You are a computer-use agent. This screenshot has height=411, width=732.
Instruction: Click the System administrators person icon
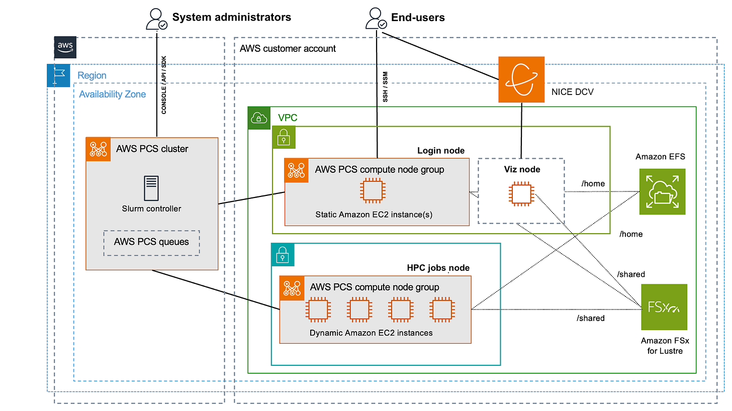tap(156, 19)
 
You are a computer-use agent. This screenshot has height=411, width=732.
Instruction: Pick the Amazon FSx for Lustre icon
tap(664, 307)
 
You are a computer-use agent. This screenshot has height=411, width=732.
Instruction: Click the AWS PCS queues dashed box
tap(151, 243)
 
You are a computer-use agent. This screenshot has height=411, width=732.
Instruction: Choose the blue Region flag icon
tap(58, 75)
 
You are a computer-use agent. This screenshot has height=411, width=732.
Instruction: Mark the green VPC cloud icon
tap(259, 118)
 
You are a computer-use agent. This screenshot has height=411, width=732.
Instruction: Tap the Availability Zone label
tap(113, 94)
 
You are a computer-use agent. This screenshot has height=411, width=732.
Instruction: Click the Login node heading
tap(441, 151)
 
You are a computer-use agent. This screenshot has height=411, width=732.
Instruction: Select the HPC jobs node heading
tap(438, 268)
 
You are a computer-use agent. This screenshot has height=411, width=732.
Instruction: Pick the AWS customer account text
tap(288, 49)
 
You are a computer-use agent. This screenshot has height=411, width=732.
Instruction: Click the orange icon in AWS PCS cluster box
tap(99, 149)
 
